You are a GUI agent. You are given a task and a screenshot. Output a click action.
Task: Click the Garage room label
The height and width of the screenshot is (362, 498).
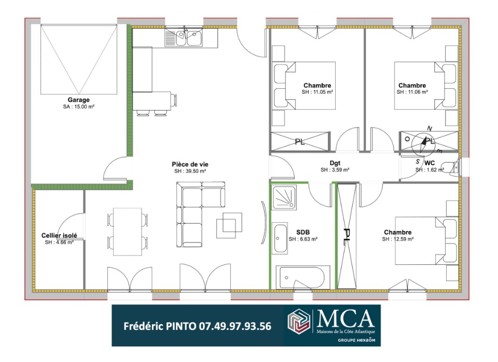point(78,100)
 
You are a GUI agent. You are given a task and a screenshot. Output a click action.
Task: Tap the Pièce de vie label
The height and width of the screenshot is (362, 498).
point(190,165)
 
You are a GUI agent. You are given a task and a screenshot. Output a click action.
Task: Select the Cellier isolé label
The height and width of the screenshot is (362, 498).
point(59,235)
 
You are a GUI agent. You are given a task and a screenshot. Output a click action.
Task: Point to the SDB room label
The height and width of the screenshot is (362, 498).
point(302,232)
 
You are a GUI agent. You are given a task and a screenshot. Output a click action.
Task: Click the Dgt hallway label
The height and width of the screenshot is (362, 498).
point(335,163)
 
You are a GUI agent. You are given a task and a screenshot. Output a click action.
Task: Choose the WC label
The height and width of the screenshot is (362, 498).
point(430,163)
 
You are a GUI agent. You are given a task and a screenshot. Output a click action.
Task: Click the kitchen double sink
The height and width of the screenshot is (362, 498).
point(184,37)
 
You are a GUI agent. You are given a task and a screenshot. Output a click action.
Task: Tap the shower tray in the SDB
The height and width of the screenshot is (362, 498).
point(284,198)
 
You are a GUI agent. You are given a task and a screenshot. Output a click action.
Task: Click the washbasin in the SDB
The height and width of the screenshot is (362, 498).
point(280,238)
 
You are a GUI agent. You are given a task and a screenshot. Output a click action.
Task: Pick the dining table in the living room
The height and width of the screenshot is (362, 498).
point(128,232)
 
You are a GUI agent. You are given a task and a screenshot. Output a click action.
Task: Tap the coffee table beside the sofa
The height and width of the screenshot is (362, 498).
point(229,225)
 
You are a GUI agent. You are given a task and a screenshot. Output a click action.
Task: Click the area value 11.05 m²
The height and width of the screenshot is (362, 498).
point(317,92)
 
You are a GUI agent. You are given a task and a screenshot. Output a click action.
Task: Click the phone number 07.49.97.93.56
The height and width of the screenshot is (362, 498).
point(235,326)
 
